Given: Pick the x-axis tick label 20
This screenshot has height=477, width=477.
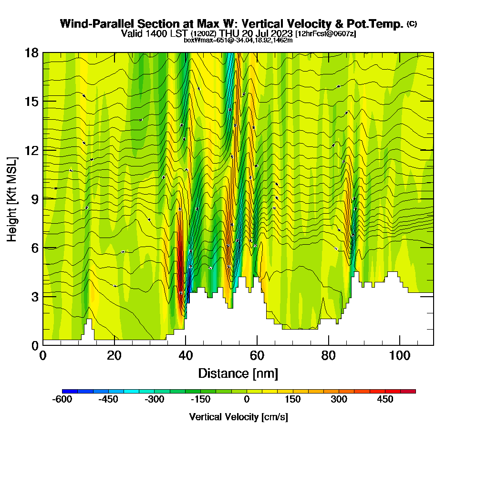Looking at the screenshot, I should [x=114, y=356].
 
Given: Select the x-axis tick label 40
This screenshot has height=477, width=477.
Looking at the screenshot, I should [x=186, y=356].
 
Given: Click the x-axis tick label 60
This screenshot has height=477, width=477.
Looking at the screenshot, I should [x=257, y=356].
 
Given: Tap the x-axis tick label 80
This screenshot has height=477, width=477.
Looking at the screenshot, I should [x=329, y=356].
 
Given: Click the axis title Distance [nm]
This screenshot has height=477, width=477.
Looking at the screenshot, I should [x=238, y=373].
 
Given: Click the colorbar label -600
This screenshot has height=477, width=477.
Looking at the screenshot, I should [x=62, y=399].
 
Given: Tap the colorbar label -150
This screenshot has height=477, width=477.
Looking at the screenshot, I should [x=201, y=399].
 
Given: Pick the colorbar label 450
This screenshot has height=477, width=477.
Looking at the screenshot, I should [x=385, y=399].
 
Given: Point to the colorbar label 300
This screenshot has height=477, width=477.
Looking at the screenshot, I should [x=339, y=399].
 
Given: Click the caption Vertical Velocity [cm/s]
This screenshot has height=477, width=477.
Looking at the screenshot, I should [x=238, y=417].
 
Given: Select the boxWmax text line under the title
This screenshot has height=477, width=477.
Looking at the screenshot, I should [x=238, y=40].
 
